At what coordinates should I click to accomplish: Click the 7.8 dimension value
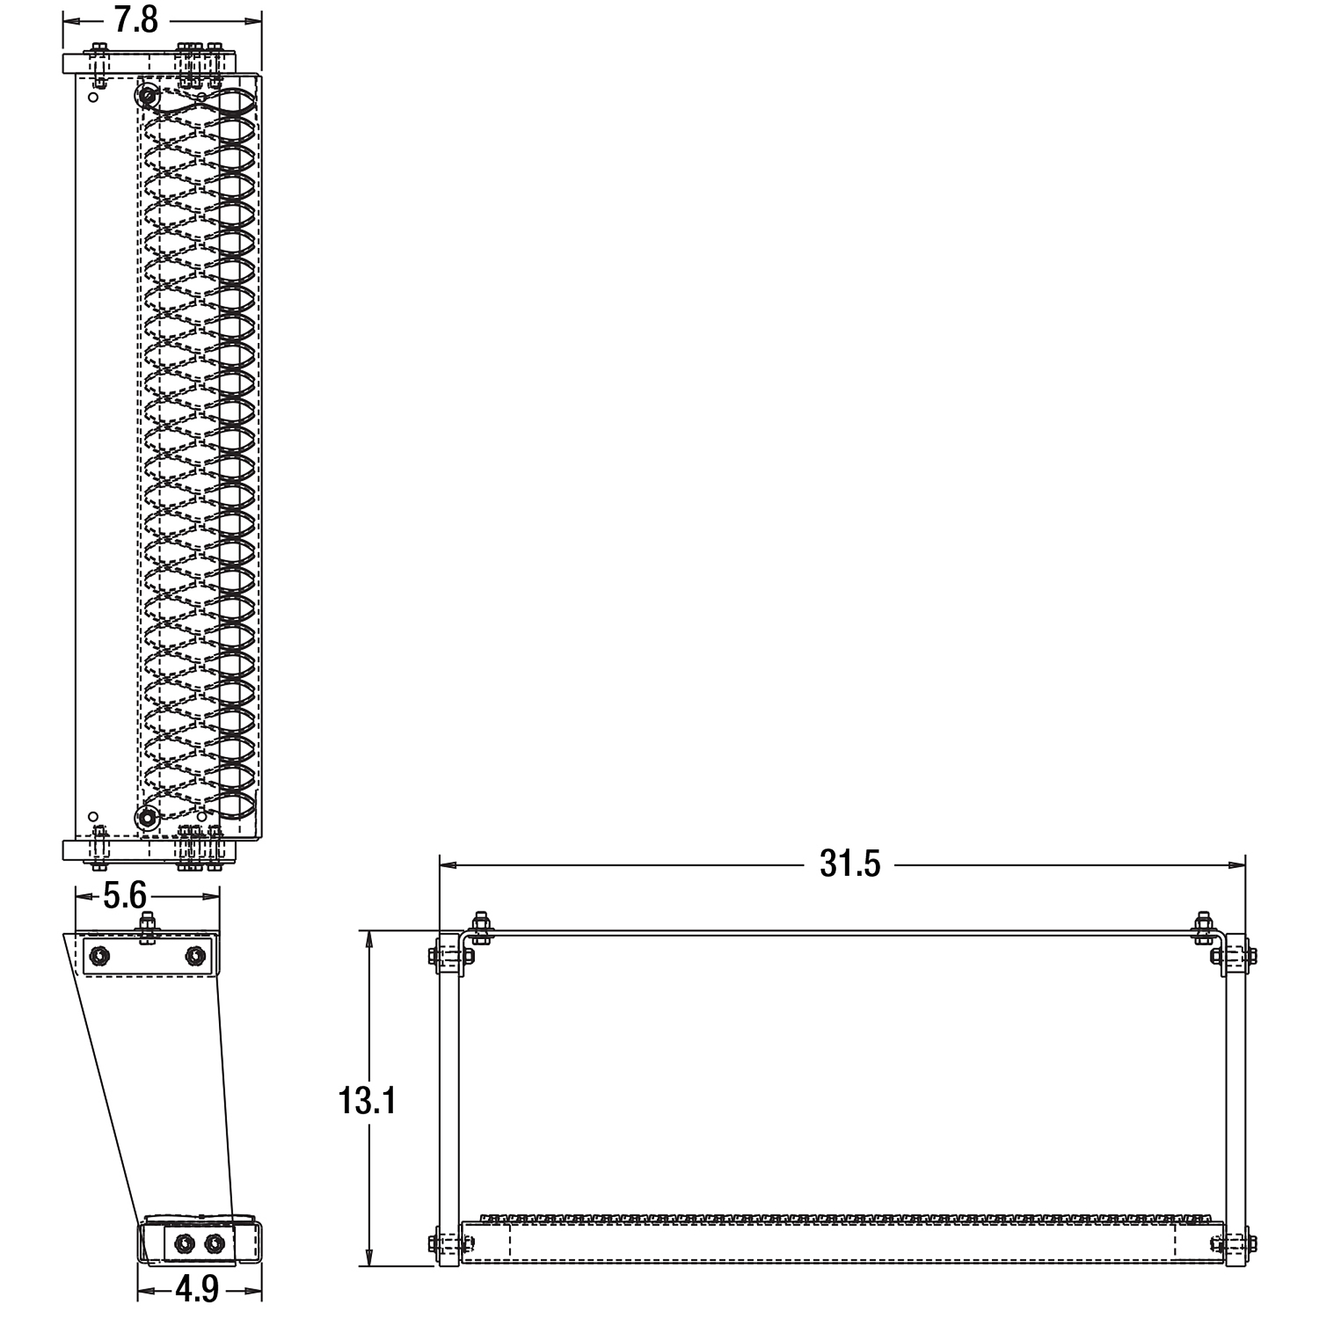pyautogui.click(x=136, y=20)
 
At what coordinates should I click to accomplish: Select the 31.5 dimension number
pyautogui.click(x=850, y=865)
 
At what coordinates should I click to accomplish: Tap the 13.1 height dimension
pyautogui.click(x=367, y=1100)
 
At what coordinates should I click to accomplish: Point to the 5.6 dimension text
pyautogui.click(x=125, y=895)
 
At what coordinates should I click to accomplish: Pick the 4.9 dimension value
pyautogui.click(x=197, y=1288)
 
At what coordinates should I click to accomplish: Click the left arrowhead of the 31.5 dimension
pyautogui.click(x=448, y=865)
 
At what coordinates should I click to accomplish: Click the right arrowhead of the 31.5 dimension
pyautogui.click(x=1237, y=865)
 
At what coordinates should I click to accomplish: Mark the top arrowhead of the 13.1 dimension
pyautogui.click(x=369, y=939)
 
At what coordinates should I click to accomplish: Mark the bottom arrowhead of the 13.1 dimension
pyautogui.click(x=369, y=1258)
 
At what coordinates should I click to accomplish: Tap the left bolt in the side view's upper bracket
pyautogui.click(x=100, y=955)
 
